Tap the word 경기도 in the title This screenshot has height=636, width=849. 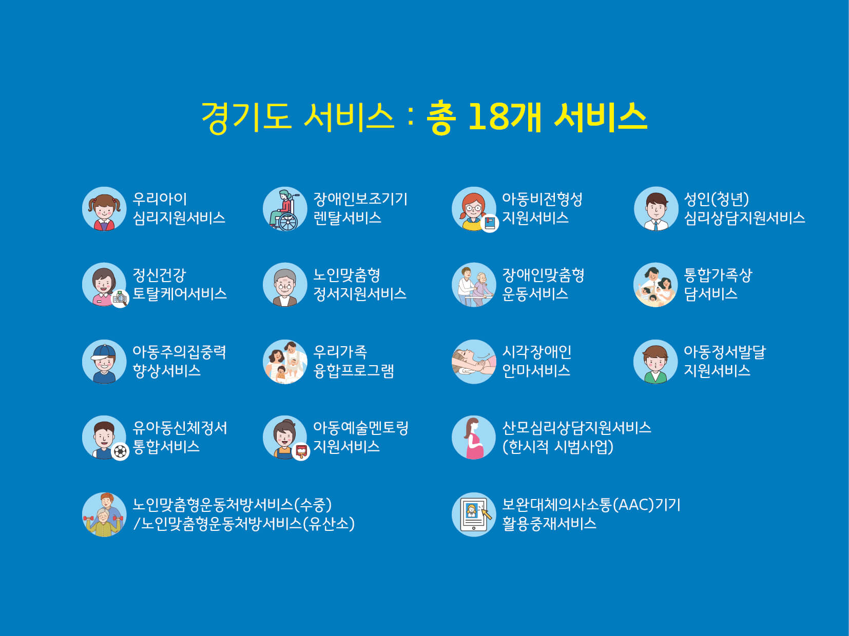(x=246, y=117)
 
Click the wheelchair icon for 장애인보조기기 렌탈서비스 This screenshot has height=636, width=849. (x=285, y=209)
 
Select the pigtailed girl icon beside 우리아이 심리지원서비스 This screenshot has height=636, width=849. (x=104, y=209)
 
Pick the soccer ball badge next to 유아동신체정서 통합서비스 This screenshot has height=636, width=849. (x=120, y=451)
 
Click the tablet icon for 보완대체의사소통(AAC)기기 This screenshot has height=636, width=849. (x=474, y=514)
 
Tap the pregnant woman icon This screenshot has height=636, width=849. (x=474, y=438)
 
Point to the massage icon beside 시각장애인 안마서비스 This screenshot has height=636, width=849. (x=474, y=362)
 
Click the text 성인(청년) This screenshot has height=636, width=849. (x=717, y=199)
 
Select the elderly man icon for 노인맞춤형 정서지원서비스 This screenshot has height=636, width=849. (x=285, y=285)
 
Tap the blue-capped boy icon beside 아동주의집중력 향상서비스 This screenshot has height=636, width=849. (x=104, y=362)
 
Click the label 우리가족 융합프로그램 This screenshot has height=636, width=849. (x=353, y=362)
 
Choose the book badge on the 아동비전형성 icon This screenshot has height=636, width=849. (x=490, y=223)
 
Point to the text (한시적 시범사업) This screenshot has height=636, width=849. (x=558, y=447)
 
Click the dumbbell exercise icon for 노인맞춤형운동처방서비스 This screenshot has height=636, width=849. (x=104, y=514)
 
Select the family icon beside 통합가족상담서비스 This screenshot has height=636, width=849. (x=655, y=285)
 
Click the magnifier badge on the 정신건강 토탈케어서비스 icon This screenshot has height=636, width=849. (x=120, y=299)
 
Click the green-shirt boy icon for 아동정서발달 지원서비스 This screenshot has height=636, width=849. (x=655, y=362)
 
